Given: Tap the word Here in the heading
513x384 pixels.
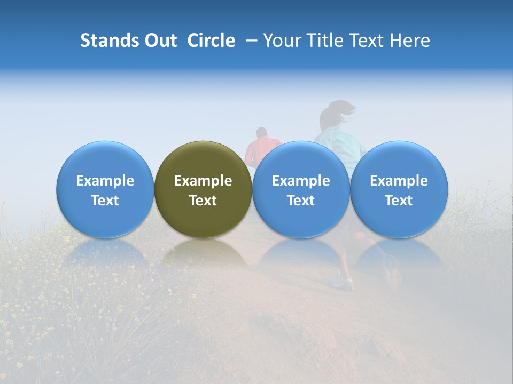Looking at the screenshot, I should coord(410,41).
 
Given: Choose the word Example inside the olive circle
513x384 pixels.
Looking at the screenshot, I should coord(203,181).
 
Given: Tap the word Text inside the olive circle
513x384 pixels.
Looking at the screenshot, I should coord(203,201).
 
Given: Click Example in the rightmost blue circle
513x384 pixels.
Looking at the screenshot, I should coord(399,181).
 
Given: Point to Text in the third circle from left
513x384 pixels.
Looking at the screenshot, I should coord(301,201).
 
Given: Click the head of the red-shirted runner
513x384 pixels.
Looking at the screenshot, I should coord(261,132).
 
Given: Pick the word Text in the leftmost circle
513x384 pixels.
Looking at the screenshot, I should coord(105,201).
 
